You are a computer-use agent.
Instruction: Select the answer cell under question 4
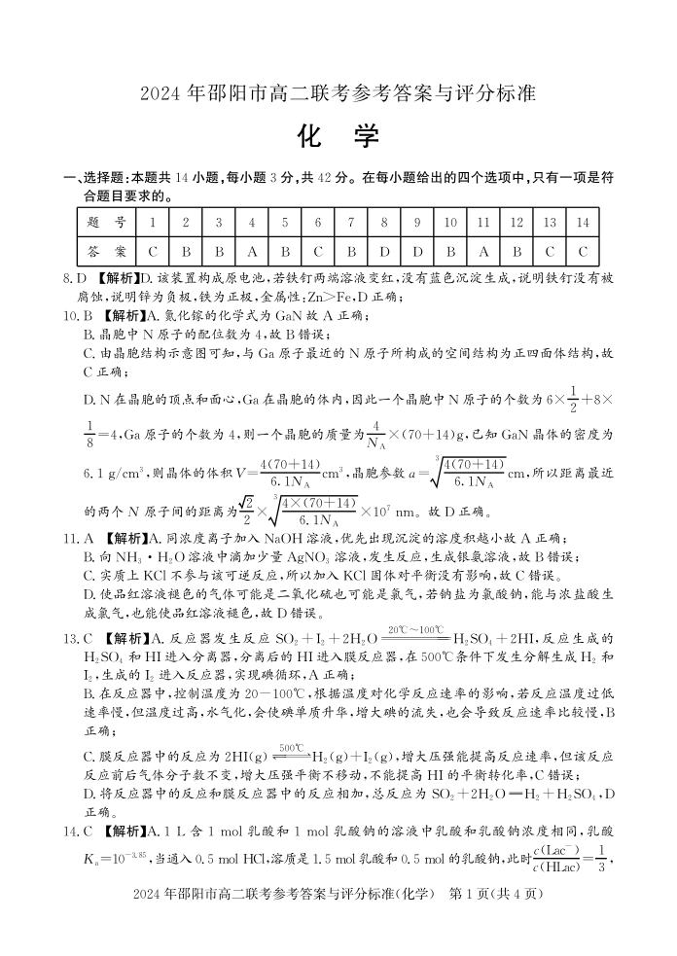coord(251,250)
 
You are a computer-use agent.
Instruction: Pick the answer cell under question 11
coord(483,250)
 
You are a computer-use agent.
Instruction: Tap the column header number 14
coord(582,223)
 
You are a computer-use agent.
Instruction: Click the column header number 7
coord(351,223)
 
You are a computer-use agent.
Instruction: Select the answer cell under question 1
coord(153,250)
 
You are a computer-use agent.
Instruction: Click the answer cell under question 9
coord(416,250)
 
